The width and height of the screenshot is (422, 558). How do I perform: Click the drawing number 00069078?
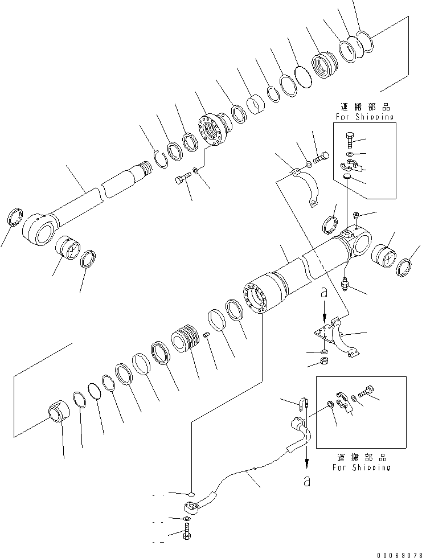[394, 552]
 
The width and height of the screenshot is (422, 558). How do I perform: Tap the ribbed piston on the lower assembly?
[187, 339]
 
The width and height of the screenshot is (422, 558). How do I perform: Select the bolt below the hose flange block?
[189, 534]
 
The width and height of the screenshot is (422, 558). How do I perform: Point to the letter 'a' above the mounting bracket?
[324, 294]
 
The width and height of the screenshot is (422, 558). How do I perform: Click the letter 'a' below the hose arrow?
[307, 482]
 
